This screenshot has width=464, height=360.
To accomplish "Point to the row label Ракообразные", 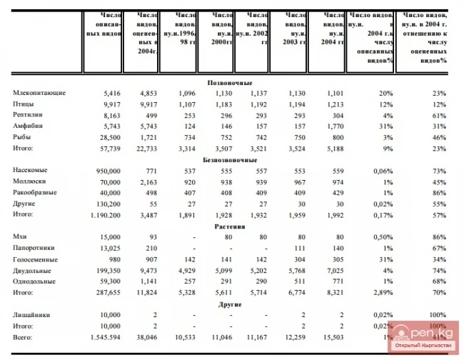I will [36, 192].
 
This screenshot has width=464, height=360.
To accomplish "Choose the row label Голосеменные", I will [35, 259].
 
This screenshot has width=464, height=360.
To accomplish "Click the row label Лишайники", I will [32, 315].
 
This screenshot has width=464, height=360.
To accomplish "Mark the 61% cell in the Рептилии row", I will [438, 115].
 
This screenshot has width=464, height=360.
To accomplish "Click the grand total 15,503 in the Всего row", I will [331, 336].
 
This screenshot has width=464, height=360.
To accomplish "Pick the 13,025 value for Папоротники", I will [109, 248].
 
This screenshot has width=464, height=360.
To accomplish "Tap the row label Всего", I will [24, 336].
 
